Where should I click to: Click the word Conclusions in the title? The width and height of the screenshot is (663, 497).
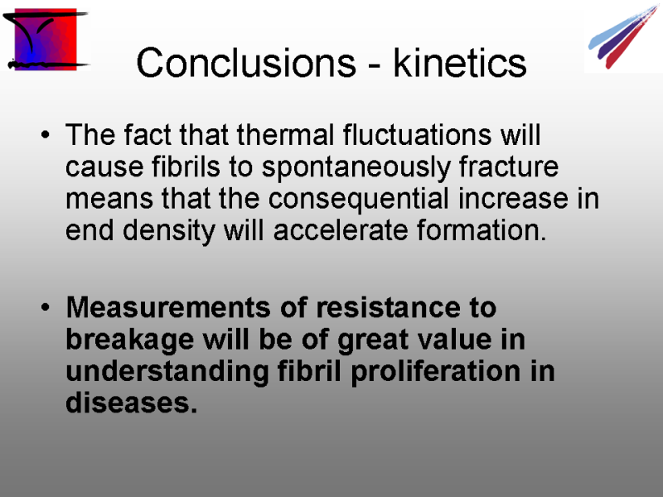(246, 63)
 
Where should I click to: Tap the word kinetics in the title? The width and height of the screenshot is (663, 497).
(460, 63)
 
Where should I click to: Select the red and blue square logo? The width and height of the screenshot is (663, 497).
(46, 39)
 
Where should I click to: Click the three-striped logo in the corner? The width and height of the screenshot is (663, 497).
(622, 36)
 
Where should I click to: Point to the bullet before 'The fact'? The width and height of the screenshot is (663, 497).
(46, 135)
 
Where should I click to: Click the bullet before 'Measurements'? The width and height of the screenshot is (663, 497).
(46, 307)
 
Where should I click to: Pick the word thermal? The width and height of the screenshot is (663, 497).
(285, 135)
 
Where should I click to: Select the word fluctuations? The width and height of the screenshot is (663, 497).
(418, 135)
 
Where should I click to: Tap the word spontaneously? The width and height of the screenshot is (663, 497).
(356, 168)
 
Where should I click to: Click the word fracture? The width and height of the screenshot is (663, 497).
(509, 166)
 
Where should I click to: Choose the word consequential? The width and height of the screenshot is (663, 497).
(359, 200)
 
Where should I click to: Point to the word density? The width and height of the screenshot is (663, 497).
(169, 231)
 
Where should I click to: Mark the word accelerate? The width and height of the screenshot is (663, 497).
(341, 230)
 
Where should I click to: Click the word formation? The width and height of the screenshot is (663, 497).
(482, 230)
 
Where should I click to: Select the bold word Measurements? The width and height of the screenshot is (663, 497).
(168, 306)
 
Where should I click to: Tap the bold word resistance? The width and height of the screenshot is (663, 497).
(389, 306)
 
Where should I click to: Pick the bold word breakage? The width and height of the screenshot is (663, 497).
(130, 340)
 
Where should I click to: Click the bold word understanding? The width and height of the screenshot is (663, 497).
(167, 372)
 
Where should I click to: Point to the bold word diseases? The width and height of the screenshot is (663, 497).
(132, 402)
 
